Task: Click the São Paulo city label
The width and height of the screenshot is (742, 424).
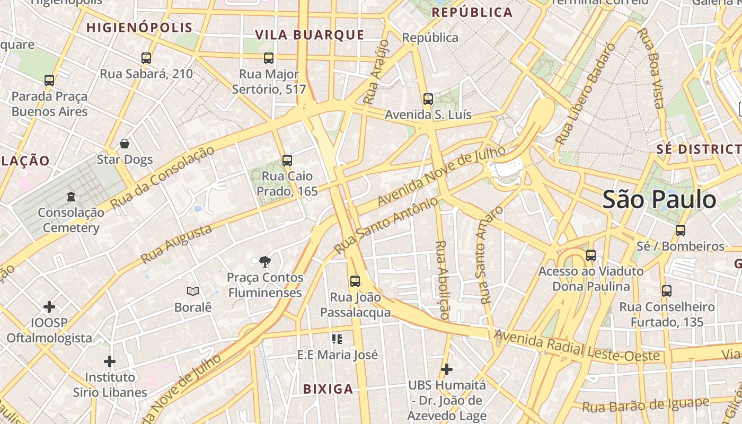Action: (x=659, y=200)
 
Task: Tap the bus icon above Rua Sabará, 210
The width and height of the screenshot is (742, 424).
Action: (x=146, y=58)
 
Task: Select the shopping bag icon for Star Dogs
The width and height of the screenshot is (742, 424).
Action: (x=125, y=144)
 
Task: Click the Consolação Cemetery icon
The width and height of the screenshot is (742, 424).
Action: (x=71, y=197)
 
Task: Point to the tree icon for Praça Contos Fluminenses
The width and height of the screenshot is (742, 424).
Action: (x=264, y=261)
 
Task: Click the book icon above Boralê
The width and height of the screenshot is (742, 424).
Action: (x=193, y=291)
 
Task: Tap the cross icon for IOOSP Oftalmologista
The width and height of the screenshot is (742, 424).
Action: (x=49, y=307)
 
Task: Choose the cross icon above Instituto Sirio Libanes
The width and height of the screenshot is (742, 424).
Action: (x=110, y=361)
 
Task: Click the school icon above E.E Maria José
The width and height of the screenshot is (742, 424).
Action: (x=337, y=339)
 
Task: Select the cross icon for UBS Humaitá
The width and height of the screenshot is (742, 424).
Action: (x=447, y=369)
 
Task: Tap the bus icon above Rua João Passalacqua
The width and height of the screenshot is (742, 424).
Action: (x=355, y=281)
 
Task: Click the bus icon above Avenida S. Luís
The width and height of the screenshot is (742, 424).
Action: (x=428, y=99)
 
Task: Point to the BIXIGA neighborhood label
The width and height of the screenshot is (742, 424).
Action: (x=328, y=390)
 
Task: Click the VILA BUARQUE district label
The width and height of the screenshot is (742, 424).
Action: (x=310, y=36)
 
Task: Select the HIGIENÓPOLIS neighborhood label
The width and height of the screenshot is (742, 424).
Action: (x=139, y=28)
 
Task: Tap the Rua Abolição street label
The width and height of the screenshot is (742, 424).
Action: (x=441, y=280)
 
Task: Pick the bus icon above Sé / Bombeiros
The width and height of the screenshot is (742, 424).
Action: (x=681, y=231)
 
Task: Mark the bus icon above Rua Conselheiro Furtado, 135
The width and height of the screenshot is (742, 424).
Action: (x=667, y=291)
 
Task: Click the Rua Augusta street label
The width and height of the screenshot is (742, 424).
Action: (x=176, y=244)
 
